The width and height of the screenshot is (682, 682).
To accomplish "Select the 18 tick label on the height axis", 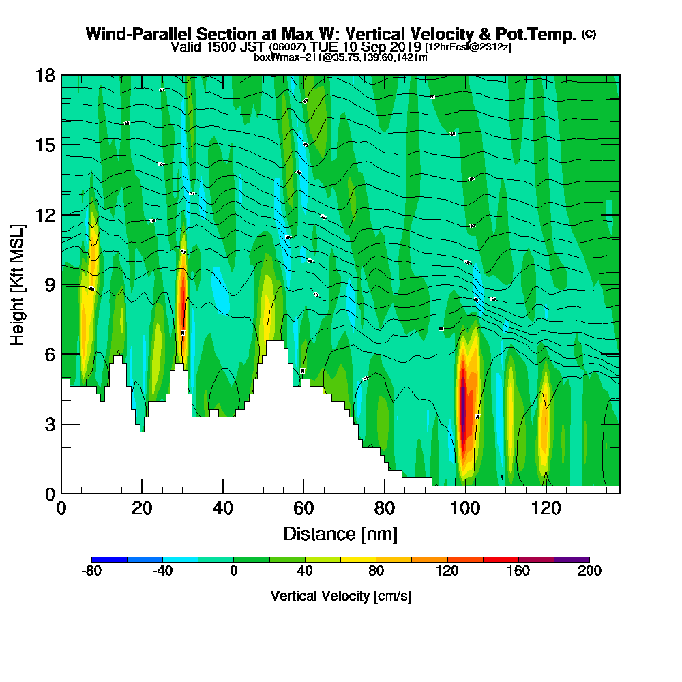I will pos(47,76).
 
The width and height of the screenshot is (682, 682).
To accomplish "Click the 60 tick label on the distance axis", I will pos(303,508).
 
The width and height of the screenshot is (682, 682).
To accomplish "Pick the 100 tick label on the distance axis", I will pos(465,508).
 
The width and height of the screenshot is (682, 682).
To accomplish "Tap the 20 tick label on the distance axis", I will pos(142,508).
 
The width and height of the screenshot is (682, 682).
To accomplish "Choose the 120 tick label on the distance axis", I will pos(546,508).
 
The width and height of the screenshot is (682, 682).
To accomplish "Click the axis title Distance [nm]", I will pos(340,533).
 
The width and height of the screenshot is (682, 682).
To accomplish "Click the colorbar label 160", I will pos(518,572).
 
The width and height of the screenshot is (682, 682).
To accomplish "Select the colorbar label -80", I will pos(91,572).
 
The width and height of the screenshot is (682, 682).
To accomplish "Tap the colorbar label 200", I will pos(589,572).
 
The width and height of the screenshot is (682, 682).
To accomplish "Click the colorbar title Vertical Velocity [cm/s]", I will pos(340,596).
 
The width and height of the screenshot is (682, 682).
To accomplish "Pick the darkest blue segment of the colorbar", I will pos(109,559).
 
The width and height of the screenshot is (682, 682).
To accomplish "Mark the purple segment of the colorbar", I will pos(572,559).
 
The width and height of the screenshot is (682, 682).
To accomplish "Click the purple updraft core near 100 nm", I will pos(463,402).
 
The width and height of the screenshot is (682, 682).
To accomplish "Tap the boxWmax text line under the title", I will pos(340,57).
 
